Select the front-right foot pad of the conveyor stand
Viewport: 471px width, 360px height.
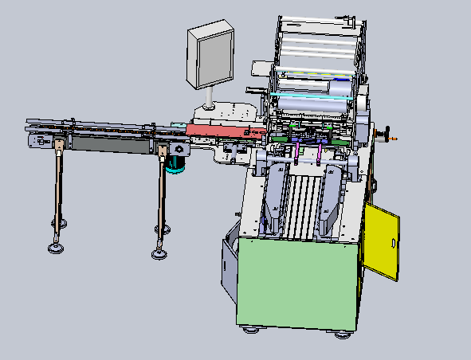pyautogui.click(x=159, y=254)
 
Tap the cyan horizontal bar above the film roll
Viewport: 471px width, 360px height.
pyautogui.click(x=311, y=92)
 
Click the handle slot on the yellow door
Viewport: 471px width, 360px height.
pyautogui.click(x=393, y=243)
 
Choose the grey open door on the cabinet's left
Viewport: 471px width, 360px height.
pyautogui.click(x=228, y=263)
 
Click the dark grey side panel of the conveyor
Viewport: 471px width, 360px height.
pyautogui.click(x=108, y=144)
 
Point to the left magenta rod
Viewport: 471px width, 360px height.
pyautogui.click(x=296, y=151)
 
